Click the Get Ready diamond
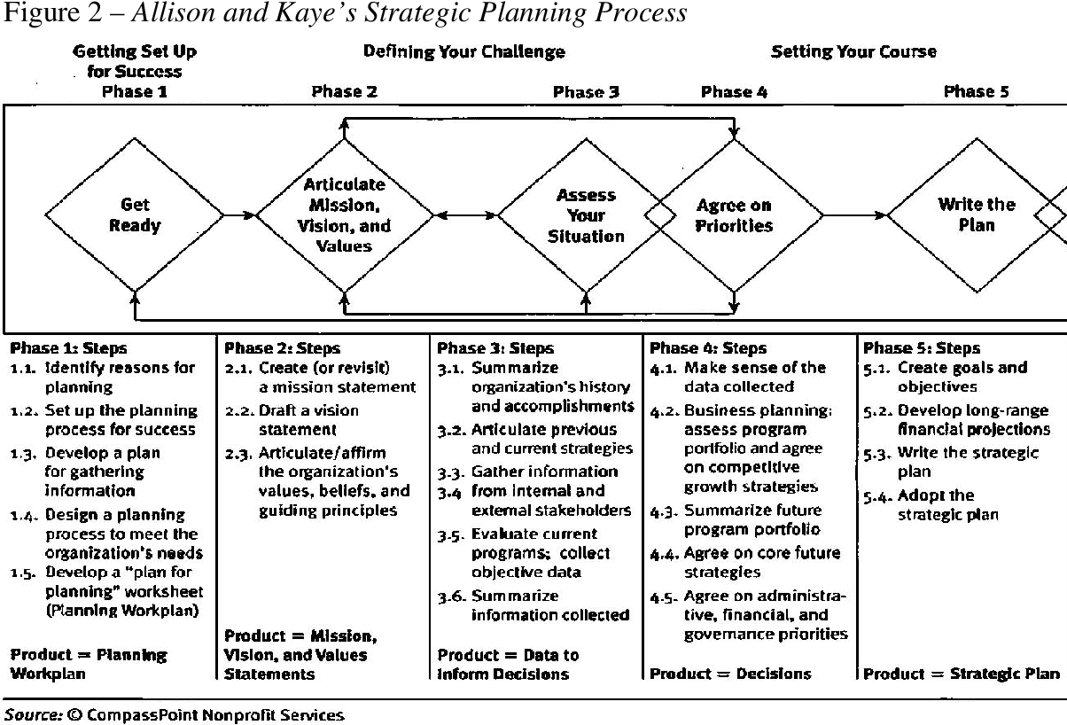pyautogui.click(x=135, y=214)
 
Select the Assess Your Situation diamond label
pyautogui.click(x=585, y=215)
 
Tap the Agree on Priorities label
pyautogui.click(x=734, y=215)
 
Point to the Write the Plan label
pyautogui.click(x=977, y=214)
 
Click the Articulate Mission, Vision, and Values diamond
pyautogui.click(x=345, y=215)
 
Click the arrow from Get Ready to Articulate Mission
pyautogui.click(x=239, y=214)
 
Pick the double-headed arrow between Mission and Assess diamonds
pyautogui.click(x=465, y=214)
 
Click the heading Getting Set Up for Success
pyautogui.click(x=135, y=61)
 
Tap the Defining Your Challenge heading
pyautogui.click(x=464, y=51)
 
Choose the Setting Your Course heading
pyautogui.click(x=853, y=51)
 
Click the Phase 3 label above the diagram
pyautogui.click(x=586, y=91)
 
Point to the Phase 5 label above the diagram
pyautogui.click(x=977, y=91)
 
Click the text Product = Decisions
pyautogui.click(x=730, y=674)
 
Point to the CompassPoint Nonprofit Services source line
pyautogui.click(x=174, y=713)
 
